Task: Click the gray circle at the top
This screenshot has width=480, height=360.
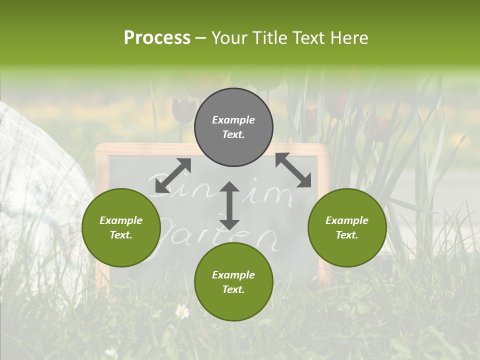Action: pyautogui.click(x=233, y=127)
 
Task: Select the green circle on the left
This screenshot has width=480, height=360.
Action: pyautogui.click(x=121, y=227)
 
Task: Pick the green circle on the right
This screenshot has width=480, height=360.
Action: pyautogui.click(x=347, y=227)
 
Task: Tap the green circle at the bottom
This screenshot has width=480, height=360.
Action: pyautogui.click(x=233, y=282)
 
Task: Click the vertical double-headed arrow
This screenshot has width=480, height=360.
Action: pyautogui.click(x=229, y=205)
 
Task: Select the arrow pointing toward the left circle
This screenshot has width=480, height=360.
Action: pyautogui.click(x=173, y=175)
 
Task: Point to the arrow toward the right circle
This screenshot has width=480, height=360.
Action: pyautogui.click(x=293, y=170)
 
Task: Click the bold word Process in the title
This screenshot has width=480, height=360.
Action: pyautogui.click(x=157, y=37)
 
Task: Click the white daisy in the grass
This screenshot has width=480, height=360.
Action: pyautogui.click(x=182, y=312)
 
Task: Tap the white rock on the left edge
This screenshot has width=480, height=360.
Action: pyautogui.click(x=35, y=165)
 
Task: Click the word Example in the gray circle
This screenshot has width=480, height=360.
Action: pyautogui.click(x=233, y=120)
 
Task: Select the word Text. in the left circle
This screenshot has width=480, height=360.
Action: pyautogui.click(x=121, y=235)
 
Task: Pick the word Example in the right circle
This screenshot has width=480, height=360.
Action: pyautogui.click(x=347, y=220)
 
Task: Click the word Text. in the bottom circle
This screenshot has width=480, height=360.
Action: pyautogui.click(x=233, y=289)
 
